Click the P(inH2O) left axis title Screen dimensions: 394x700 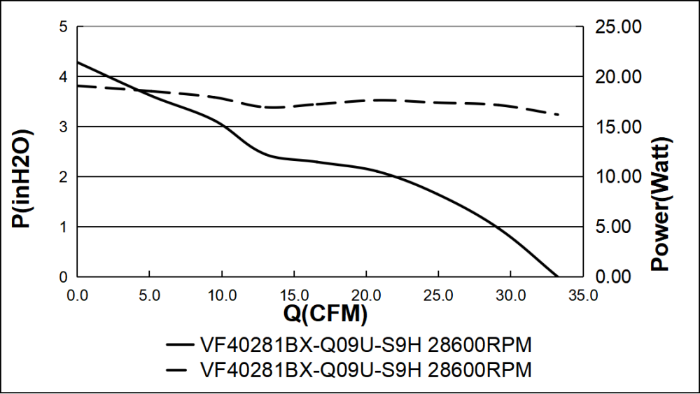coord(20,178)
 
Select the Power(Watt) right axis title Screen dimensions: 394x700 coord(660,203)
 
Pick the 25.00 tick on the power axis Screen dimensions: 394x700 coord(618,27)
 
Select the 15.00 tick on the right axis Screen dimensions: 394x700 coord(618,127)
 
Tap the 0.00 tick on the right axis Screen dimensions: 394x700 coord(618,277)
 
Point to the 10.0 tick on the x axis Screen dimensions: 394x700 coord(221,295)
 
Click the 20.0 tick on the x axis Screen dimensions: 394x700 coord(365,295)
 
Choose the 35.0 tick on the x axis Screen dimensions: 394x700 coord(582,295)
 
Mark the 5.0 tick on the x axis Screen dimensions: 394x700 coord(149,295)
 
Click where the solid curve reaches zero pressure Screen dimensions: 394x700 coord(557,276)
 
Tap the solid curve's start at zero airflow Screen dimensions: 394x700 coord(78,62)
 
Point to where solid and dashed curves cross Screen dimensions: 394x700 coord(138,90)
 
